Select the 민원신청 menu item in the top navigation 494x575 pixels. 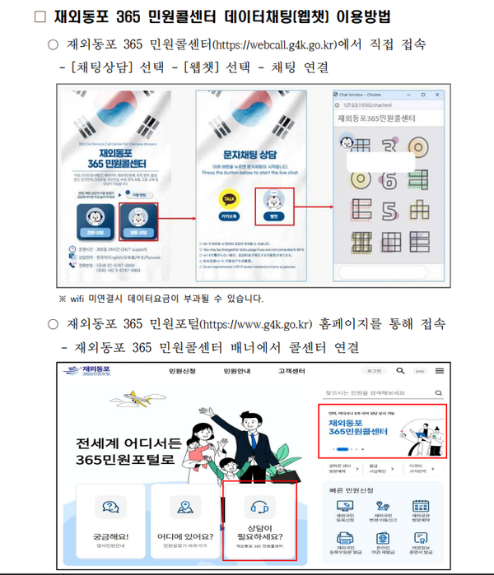pyautogui.click(x=184, y=372)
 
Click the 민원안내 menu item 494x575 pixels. pyautogui.click(x=237, y=372)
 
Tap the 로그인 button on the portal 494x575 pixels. pyautogui.click(x=375, y=371)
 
